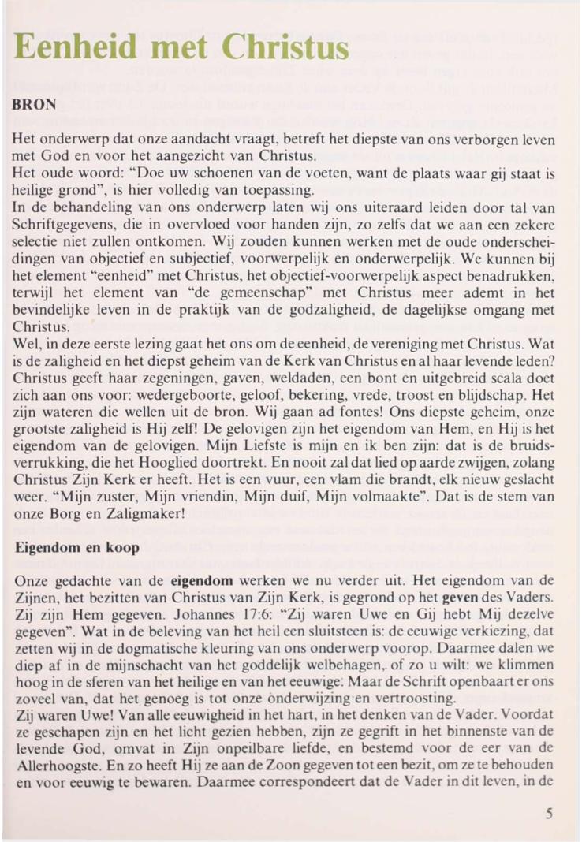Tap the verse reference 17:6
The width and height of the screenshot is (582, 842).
click(249, 610)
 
